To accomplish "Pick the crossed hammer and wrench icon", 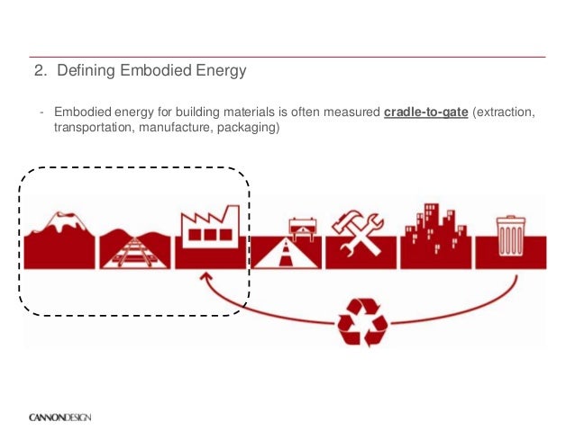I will (361, 235).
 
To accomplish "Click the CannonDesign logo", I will (59, 417).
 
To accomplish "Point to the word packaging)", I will (255, 130).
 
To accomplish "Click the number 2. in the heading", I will (39, 69).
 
